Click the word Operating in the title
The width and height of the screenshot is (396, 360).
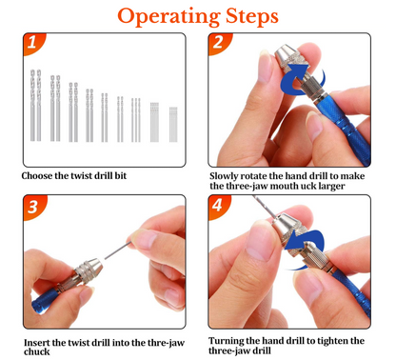[168, 16]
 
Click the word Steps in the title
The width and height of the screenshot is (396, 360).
[252, 16]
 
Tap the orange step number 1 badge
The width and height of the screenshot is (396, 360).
[33, 43]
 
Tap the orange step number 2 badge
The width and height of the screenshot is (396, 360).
[219, 43]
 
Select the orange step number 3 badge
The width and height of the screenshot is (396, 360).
[33, 207]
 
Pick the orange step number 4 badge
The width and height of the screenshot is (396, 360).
[218, 206]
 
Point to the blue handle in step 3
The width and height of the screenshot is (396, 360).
[45, 300]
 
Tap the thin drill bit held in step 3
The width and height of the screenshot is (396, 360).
[117, 250]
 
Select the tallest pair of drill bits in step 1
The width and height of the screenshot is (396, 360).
[35, 106]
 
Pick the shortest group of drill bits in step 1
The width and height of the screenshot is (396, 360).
[173, 125]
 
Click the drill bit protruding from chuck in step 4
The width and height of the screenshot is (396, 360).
[264, 207]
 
